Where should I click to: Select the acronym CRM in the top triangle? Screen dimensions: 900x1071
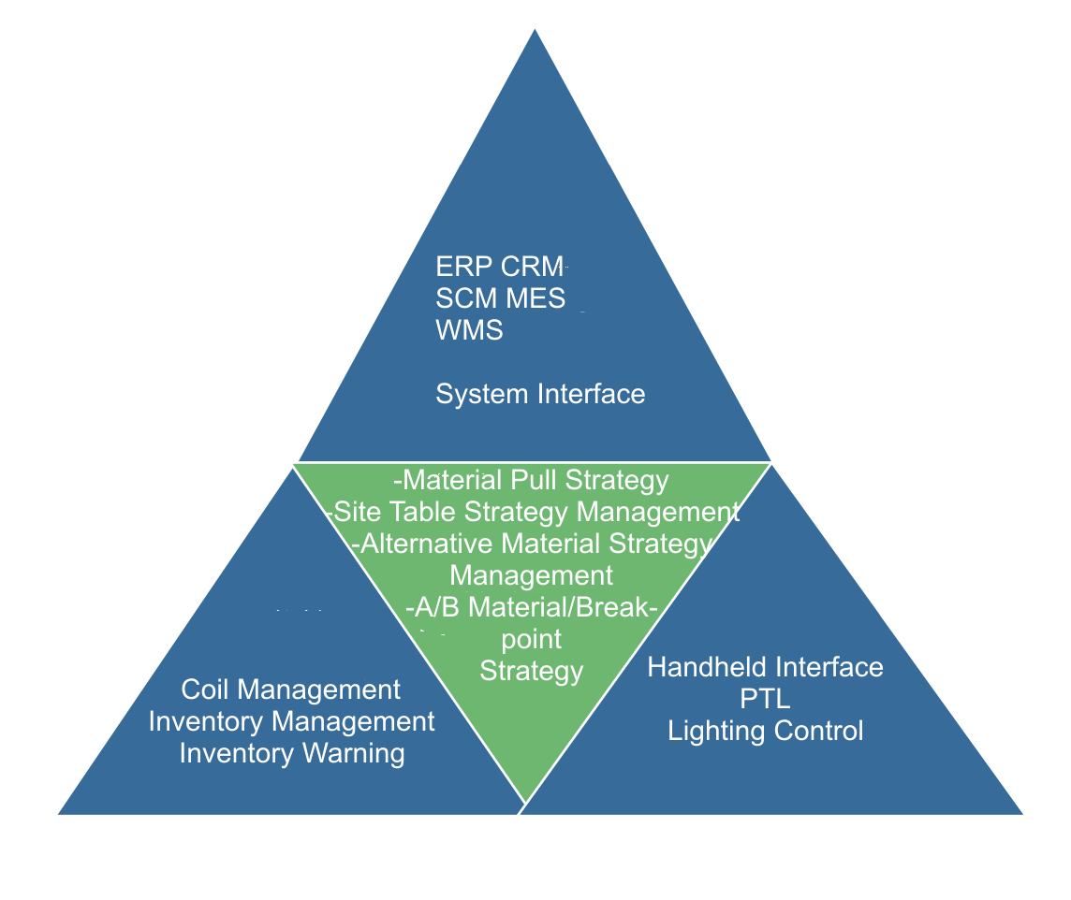533,267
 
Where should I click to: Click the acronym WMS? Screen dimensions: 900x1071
469,330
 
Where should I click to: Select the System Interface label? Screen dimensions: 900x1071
540,394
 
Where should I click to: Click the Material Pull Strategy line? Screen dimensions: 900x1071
532,481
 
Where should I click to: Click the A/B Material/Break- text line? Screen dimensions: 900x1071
532,607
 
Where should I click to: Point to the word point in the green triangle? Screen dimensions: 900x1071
532,639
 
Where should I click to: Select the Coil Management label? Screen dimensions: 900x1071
291,690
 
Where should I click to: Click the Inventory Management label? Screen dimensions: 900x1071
291,722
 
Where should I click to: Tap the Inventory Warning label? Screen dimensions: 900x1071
291,754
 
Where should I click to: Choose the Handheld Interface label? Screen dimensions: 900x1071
765,667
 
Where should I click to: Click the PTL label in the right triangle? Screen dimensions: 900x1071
765,699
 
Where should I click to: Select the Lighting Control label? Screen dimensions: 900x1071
765,731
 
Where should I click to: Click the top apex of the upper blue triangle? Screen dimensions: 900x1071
535,32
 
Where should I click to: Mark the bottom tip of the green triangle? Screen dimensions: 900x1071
525,801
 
